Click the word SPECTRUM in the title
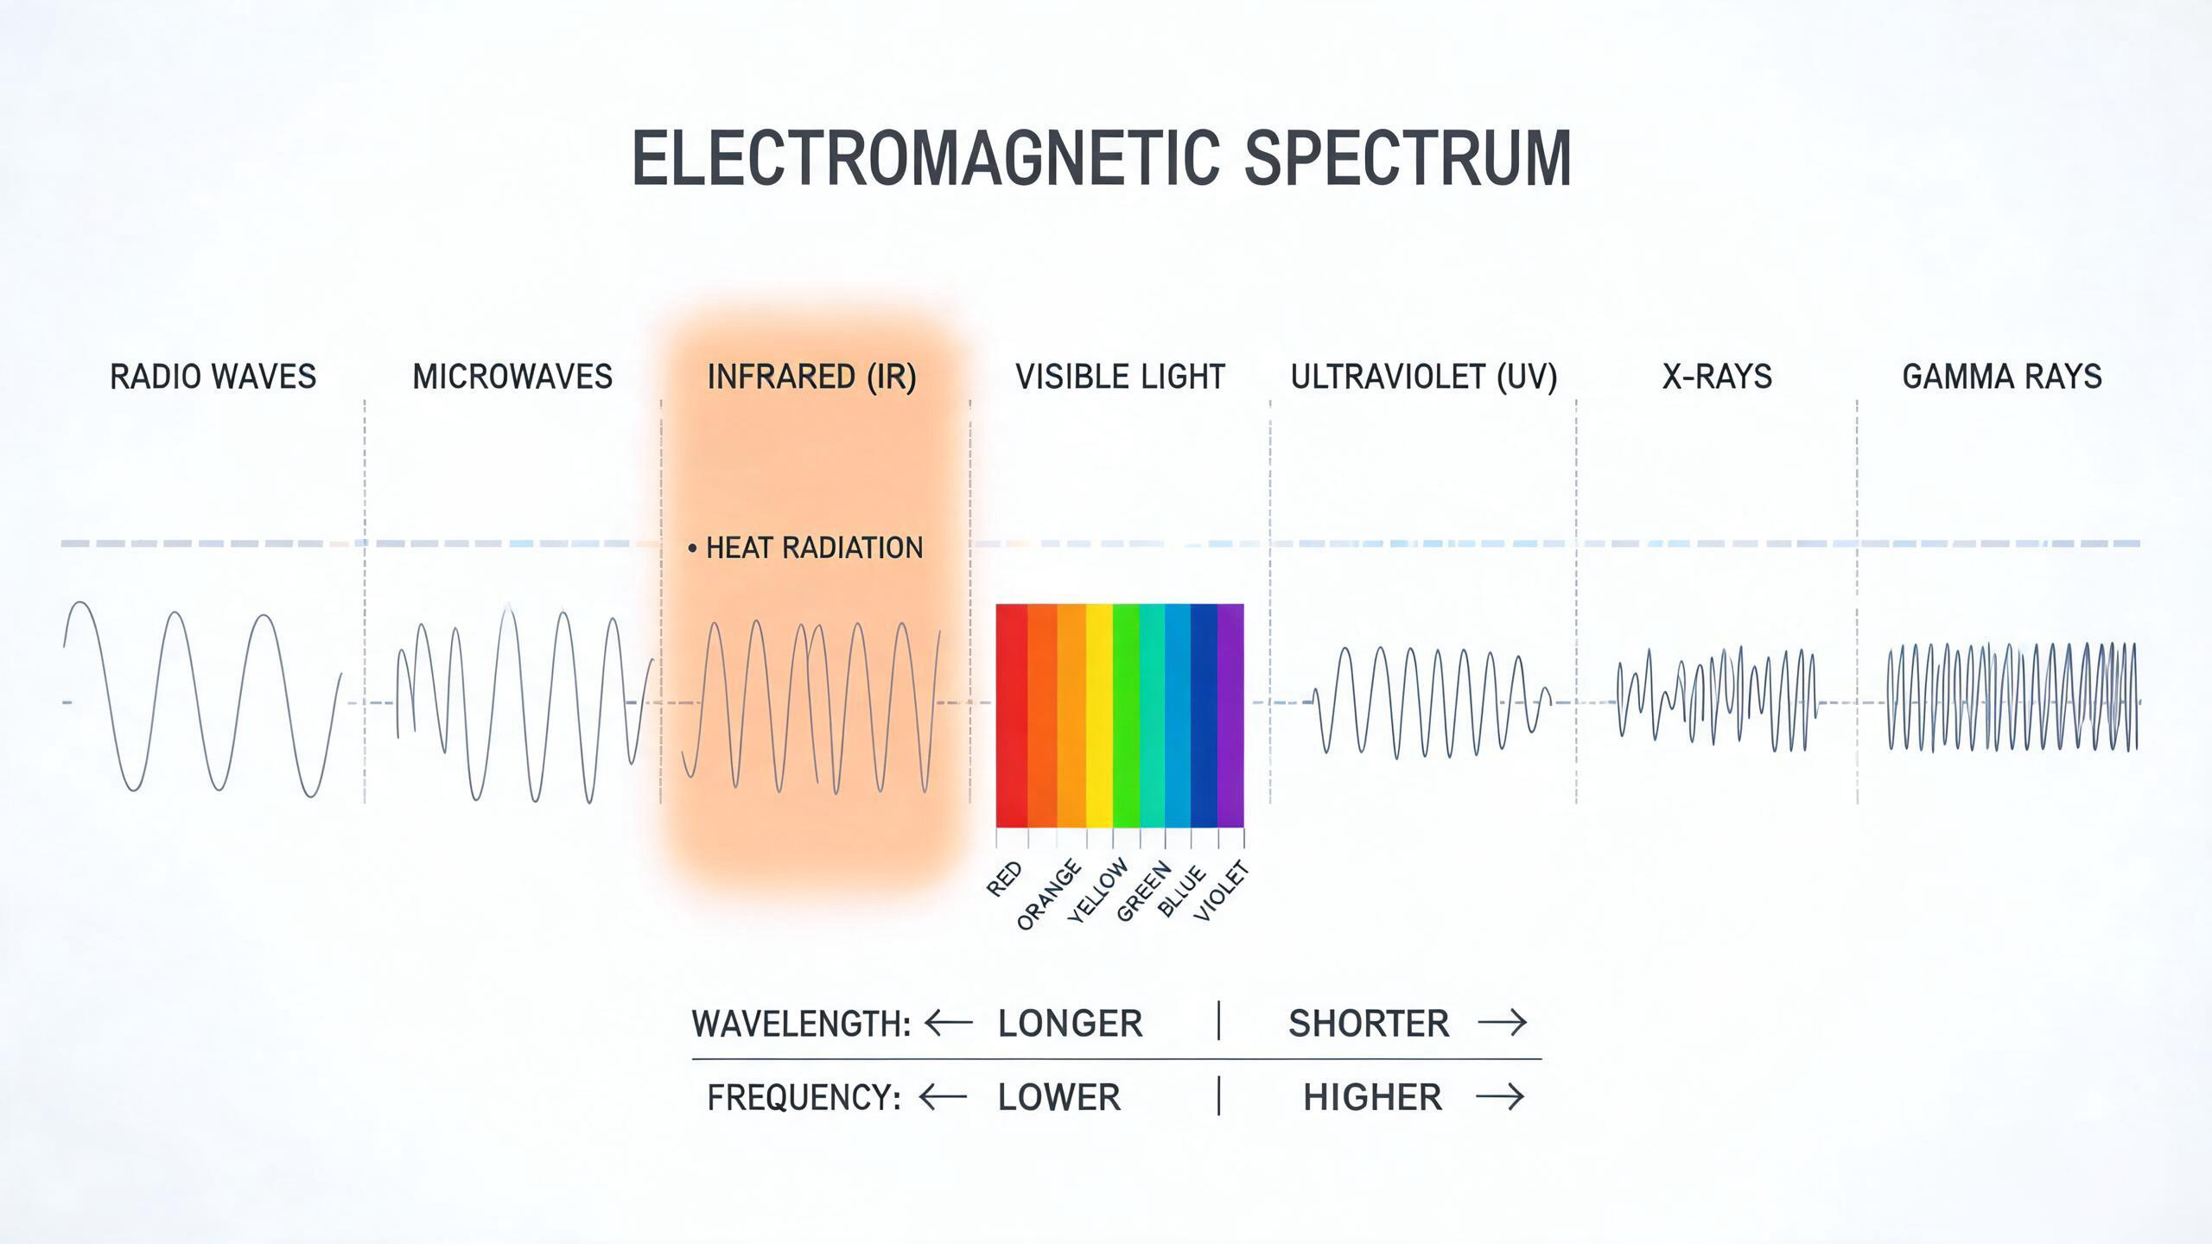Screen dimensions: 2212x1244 pos(1408,158)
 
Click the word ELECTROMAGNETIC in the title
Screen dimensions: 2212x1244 pos(925,158)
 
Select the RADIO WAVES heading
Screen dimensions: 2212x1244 pos(213,377)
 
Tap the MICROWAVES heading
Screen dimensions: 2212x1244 pos(512,377)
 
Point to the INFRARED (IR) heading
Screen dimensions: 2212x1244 pos(812,378)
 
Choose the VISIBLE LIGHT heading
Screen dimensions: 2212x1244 pos(1120,377)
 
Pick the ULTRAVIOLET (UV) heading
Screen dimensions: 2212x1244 pos(1424,378)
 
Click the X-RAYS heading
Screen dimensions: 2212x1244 pos(1717,377)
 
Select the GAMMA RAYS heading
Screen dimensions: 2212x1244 pos(2002,377)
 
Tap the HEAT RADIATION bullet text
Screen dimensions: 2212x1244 pos(814,548)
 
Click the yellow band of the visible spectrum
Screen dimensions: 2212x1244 pos(1098,715)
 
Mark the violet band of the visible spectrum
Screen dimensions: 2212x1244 pos(1230,715)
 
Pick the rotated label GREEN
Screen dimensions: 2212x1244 pos(1144,892)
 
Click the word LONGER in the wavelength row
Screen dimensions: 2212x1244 pos(1070,1024)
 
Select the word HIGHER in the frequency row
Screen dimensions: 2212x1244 pos(1372,1098)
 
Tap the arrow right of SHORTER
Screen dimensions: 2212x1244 pos(1503,1024)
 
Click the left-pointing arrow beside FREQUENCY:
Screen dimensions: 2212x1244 pos(944,1098)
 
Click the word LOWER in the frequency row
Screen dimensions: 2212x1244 pos(1058,1098)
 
